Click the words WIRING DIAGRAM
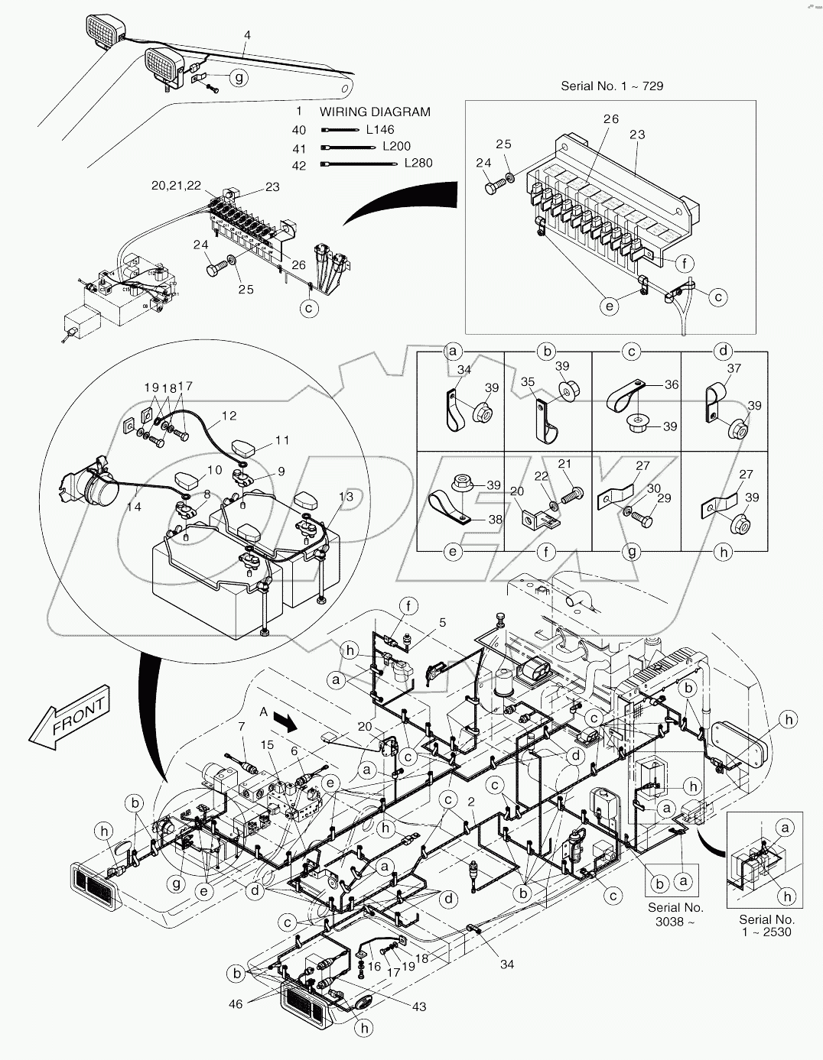(x=375, y=112)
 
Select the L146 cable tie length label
(x=380, y=129)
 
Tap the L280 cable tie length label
(x=418, y=163)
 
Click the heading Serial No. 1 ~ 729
(x=612, y=86)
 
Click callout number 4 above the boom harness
(x=247, y=34)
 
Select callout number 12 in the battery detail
(x=229, y=416)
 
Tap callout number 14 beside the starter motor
(x=134, y=506)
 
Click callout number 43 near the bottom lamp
(x=418, y=1007)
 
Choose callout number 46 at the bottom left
(x=236, y=1003)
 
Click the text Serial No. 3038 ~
(x=675, y=913)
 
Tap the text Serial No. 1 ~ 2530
(x=766, y=925)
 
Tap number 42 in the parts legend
(x=299, y=166)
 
